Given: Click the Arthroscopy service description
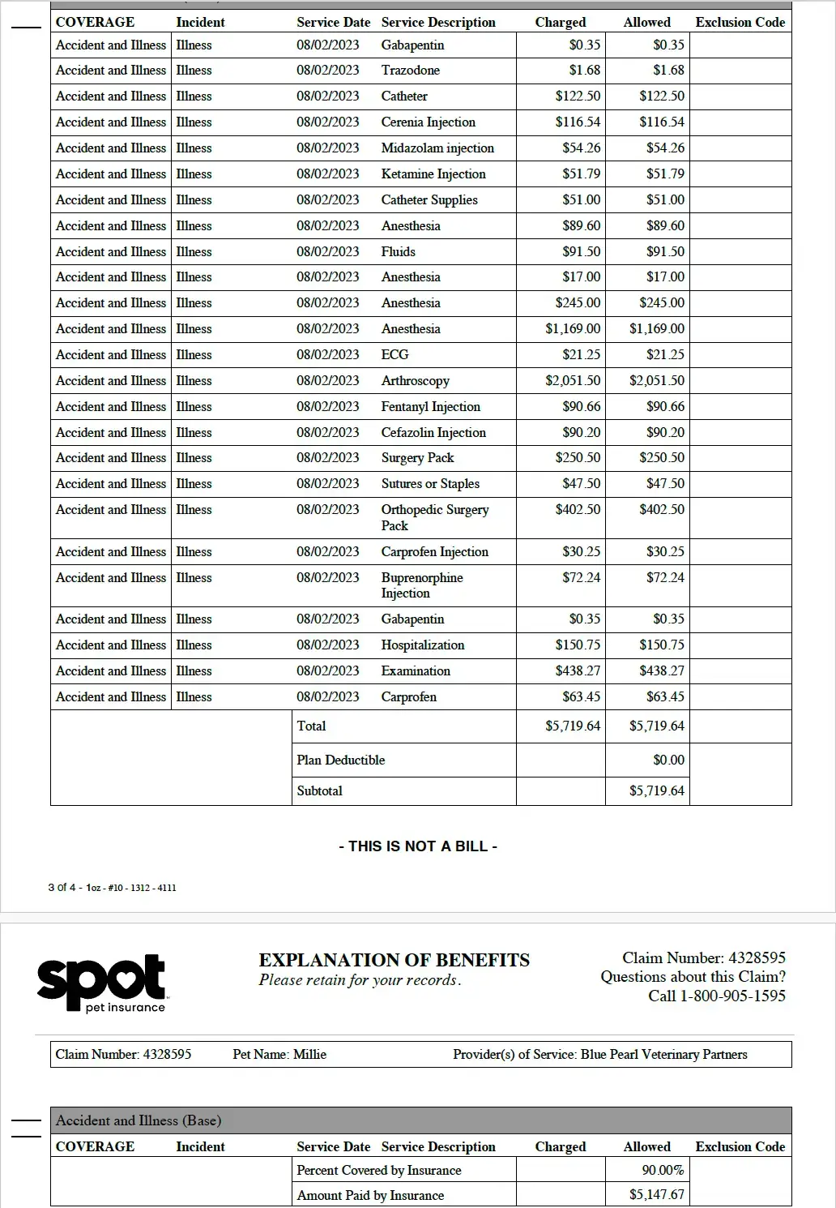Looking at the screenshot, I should click(x=415, y=380).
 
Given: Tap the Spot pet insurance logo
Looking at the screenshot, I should click(x=101, y=983).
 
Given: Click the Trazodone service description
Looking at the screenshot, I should click(x=410, y=70).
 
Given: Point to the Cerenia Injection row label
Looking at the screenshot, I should click(x=428, y=122).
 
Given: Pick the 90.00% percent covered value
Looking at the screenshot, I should click(x=663, y=1170).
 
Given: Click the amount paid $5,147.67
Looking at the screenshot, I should click(x=656, y=1194).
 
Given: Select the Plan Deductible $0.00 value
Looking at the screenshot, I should click(x=668, y=760).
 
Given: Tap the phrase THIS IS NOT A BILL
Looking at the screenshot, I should click(x=418, y=846).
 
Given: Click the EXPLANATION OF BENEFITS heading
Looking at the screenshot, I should click(x=394, y=960).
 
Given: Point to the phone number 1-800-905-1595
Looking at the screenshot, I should click(x=717, y=996).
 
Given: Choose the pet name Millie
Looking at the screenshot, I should click(x=309, y=1054).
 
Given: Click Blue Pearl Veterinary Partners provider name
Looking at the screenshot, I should click(x=663, y=1054).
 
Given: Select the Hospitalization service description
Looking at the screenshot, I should click(x=423, y=645).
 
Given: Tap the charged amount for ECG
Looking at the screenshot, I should click(x=581, y=354).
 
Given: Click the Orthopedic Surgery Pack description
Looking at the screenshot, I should click(x=434, y=517).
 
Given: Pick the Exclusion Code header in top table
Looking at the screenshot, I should click(x=740, y=22).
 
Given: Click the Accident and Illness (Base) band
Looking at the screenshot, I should click(x=138, y=1120).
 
